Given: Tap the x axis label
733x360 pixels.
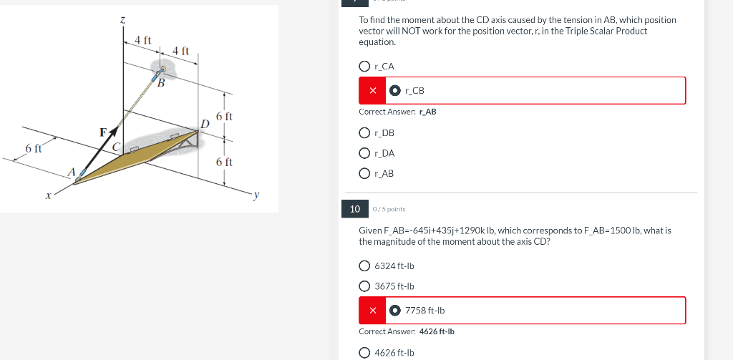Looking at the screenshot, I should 48,194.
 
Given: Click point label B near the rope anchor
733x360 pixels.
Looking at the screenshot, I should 161,85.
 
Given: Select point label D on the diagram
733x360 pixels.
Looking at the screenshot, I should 205,125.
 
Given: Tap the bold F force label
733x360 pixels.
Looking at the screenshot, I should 103,132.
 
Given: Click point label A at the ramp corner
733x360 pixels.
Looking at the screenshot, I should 71,171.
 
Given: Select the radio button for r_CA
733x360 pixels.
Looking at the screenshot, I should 365,67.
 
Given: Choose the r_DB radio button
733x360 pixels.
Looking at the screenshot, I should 365,132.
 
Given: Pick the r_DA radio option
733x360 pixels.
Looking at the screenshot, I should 365,153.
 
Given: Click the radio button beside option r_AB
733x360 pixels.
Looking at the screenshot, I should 365,173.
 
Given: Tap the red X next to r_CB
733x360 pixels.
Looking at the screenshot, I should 372,91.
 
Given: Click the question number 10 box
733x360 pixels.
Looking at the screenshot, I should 354,208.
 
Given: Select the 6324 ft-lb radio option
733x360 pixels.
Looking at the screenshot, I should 365,266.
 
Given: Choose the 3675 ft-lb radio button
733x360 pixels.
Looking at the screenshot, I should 365,286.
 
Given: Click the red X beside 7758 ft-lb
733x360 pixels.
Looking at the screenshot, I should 372,311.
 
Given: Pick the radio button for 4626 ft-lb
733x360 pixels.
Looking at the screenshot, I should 365,352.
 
